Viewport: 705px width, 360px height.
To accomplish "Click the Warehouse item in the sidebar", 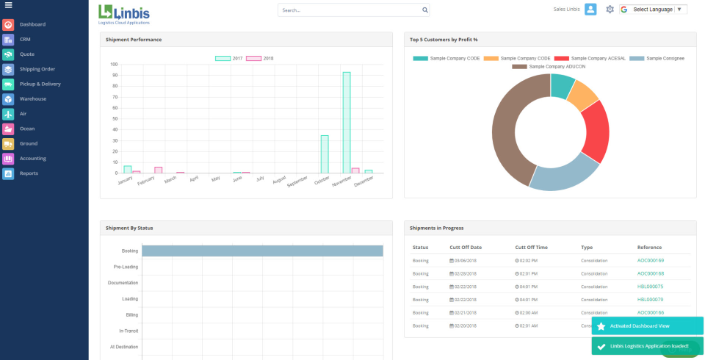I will coord(32,98).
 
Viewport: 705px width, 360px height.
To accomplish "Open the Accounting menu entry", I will coord(32,158).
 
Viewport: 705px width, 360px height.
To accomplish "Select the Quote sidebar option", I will coord(26,54).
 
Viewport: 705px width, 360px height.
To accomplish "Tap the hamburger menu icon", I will coord(8,6).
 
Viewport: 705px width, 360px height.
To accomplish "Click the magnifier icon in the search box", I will coord(424,10).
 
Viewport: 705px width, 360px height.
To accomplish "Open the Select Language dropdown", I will coord(653,10).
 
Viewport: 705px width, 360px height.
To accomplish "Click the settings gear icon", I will coord(610,10).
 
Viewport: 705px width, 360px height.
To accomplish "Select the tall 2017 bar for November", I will coord(346,122).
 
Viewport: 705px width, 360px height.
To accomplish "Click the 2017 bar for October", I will coord(324,154).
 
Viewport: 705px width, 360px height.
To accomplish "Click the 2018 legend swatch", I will coord(253,58).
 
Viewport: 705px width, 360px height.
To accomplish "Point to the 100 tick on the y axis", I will coord(114,64).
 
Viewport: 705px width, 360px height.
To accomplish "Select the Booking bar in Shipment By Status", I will coord(262,251).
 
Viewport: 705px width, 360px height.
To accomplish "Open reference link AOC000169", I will coord(650,260).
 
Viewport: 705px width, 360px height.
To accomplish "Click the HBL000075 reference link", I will coord(650,287).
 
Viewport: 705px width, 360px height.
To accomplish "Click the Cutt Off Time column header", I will coord(532,248).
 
